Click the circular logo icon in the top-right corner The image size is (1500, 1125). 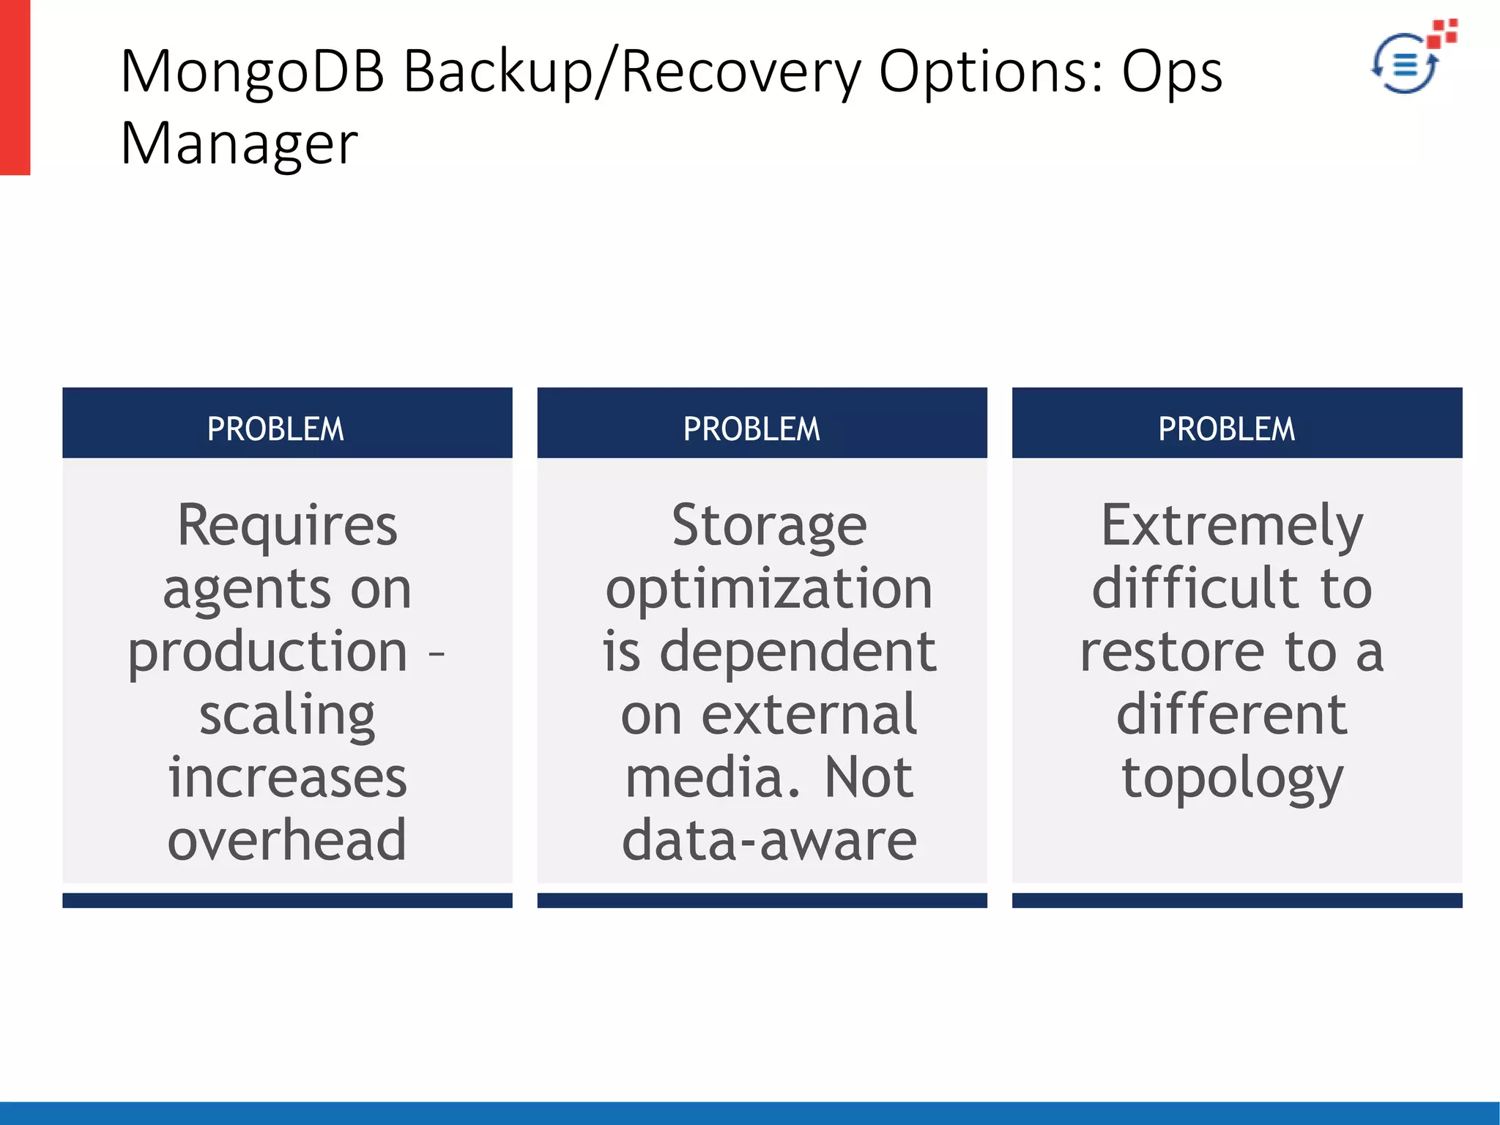point(1405,64)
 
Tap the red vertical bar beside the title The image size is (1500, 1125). point(15,87)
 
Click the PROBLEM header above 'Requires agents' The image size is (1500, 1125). point(275,429)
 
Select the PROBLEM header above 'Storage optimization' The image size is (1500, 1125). point(751,429)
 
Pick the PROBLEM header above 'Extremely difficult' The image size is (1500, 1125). point(1227,429)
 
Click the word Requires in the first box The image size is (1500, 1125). point(287,526)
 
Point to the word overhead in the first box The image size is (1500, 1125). point(287,840)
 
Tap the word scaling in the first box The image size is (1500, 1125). point(287,716)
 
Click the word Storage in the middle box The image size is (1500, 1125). point(769,526)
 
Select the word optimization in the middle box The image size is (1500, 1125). point(769,589)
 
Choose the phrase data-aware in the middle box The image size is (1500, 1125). point(769,840)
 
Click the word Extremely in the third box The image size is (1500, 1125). point(1232,526)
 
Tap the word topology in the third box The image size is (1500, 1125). point(1232,778)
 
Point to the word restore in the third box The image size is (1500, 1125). point(1172,652)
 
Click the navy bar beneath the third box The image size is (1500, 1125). point(1237,900)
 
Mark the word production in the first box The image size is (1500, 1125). point(267,652)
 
